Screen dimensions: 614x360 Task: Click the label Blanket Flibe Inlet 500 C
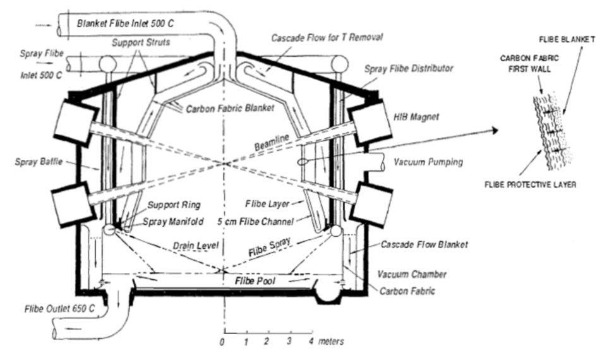click(x=125, y=23)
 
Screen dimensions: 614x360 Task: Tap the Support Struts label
click(x=141, y=42)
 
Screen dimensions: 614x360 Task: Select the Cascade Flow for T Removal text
click(x=327, y=38)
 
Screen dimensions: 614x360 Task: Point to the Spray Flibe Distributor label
click(x=409, y=69)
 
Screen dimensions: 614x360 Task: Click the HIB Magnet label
click(x=416, y=117)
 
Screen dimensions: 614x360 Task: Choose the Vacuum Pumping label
click(x=428, y=162)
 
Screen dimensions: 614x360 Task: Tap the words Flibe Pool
click(x=255, y=281)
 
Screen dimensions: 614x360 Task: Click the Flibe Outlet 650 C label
click(x=59, y=309)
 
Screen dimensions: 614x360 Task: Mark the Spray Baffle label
click(x=39, y=162)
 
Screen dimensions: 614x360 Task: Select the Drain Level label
click(x=196, y=246)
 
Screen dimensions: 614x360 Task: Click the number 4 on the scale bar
click(x=311, y=341)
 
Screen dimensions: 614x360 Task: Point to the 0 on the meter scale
click(x=222, y=342)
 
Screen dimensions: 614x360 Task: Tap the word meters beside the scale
click(x=331, y=341)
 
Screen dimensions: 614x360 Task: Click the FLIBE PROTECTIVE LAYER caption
click(x=530, y=184)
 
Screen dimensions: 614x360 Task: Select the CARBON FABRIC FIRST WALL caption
click(x=529, y=63)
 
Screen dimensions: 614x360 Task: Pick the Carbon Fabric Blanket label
click(x=230, y=108)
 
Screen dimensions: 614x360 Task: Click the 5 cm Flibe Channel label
click(x=255, y=222)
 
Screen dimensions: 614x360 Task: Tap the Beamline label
click(x=272, y=142)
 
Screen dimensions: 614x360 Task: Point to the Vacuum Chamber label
click(x=412, y=274)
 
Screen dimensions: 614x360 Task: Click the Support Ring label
click(x=174, y=205)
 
